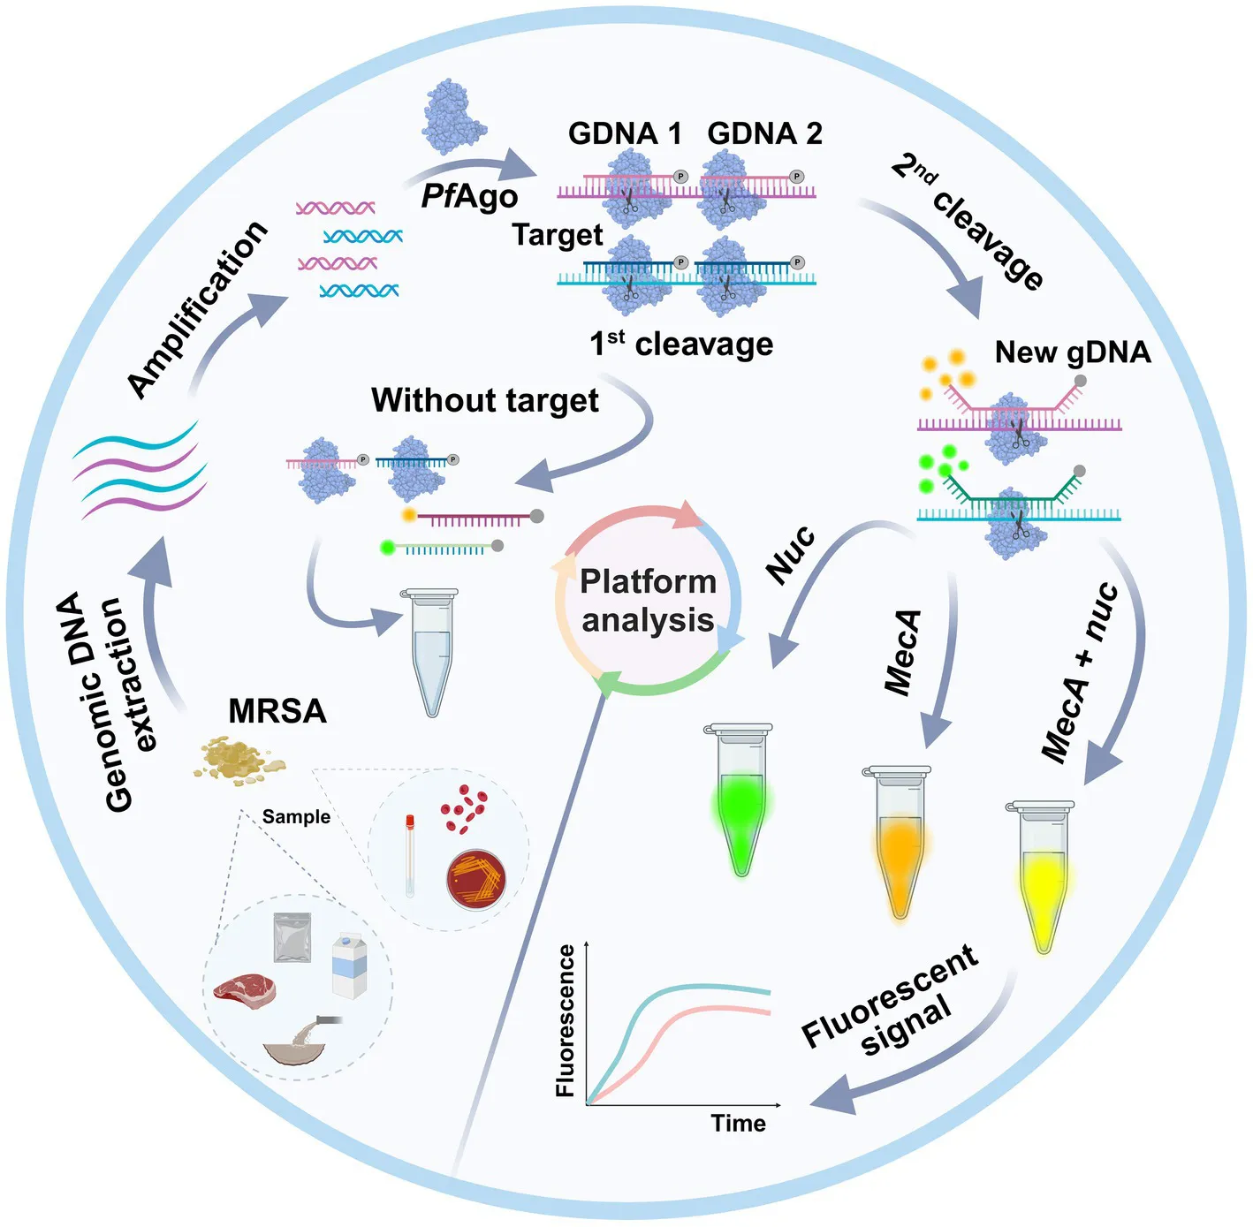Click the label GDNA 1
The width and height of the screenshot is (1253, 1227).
(625, 133)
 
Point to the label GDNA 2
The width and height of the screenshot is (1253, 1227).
(764, 133)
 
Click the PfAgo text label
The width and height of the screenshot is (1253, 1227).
(469, 196)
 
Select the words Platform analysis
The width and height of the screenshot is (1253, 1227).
(648, 601)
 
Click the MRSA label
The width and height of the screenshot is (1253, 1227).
(277, 711)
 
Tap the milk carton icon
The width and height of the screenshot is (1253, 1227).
(349, 966)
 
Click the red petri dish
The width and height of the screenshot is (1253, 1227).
(475, 879)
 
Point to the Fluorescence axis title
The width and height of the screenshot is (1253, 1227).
(566, 1020)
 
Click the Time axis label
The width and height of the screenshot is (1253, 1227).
(738, 1123)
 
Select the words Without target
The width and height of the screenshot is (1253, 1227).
(484, 400)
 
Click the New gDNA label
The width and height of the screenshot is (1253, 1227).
(1073, 352)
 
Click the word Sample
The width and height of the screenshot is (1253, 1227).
(296, 817)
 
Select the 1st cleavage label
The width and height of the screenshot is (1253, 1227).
(681, 344)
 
